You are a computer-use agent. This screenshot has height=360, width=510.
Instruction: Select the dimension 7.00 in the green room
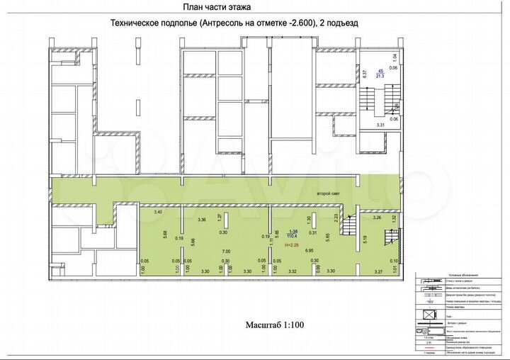(226, 252)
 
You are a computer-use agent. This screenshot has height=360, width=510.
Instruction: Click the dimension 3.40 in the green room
(158, 212)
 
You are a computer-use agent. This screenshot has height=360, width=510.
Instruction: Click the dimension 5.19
(364, 240)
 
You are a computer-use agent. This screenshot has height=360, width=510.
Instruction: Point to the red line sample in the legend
(427, 352)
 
